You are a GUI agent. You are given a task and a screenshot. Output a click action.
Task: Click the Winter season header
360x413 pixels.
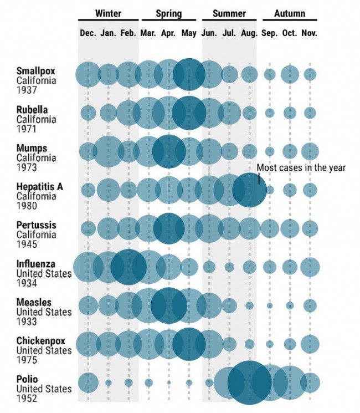[x=108, y=13]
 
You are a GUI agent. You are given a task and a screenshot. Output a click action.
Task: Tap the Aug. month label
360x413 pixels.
[x=249, y=33]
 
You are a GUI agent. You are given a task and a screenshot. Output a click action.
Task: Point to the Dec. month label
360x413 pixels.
[x=88, y=33]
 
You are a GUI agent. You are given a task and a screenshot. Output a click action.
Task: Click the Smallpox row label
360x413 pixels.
[x=32, y=71]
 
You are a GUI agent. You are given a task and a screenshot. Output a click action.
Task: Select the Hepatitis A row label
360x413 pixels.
[x=39, y=187]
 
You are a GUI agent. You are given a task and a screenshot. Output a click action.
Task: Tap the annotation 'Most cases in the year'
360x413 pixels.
[x=301, y=167]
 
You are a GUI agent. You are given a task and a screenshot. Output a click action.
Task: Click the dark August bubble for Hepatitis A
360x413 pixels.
[x=249, y=190]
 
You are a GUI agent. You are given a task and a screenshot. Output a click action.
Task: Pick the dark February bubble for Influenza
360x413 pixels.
[x=128, y=267]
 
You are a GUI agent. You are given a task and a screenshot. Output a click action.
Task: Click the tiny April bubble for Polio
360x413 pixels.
[x=168, y=383]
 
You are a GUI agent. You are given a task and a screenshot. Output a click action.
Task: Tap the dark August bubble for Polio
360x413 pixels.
[x=249, y=383]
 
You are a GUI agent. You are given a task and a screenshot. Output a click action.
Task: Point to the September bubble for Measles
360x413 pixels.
[x=270, y=305]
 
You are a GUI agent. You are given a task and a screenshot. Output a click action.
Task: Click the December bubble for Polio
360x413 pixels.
[x=88, y=383]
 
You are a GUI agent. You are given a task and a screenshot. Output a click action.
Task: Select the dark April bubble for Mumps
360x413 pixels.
[x=168, y=151]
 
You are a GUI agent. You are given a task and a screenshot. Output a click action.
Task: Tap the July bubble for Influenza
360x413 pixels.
[x=229, y=267]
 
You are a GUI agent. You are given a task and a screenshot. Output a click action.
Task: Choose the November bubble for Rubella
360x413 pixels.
[x=310, y=113]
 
